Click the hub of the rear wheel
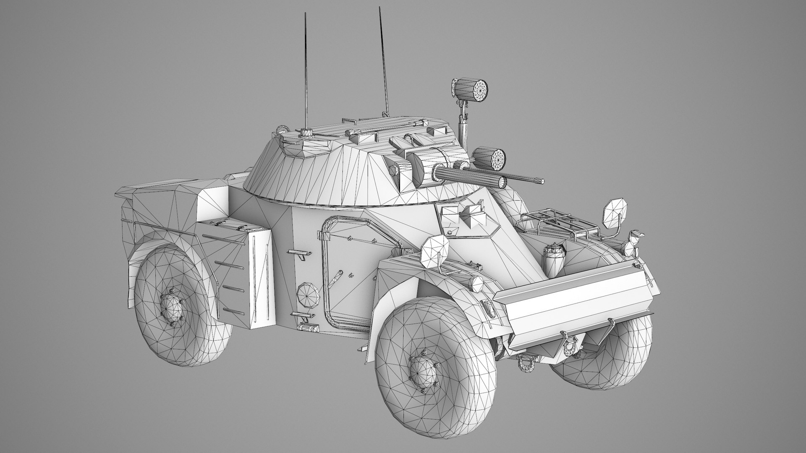(172, 310)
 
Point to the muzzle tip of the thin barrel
(543, 181)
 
